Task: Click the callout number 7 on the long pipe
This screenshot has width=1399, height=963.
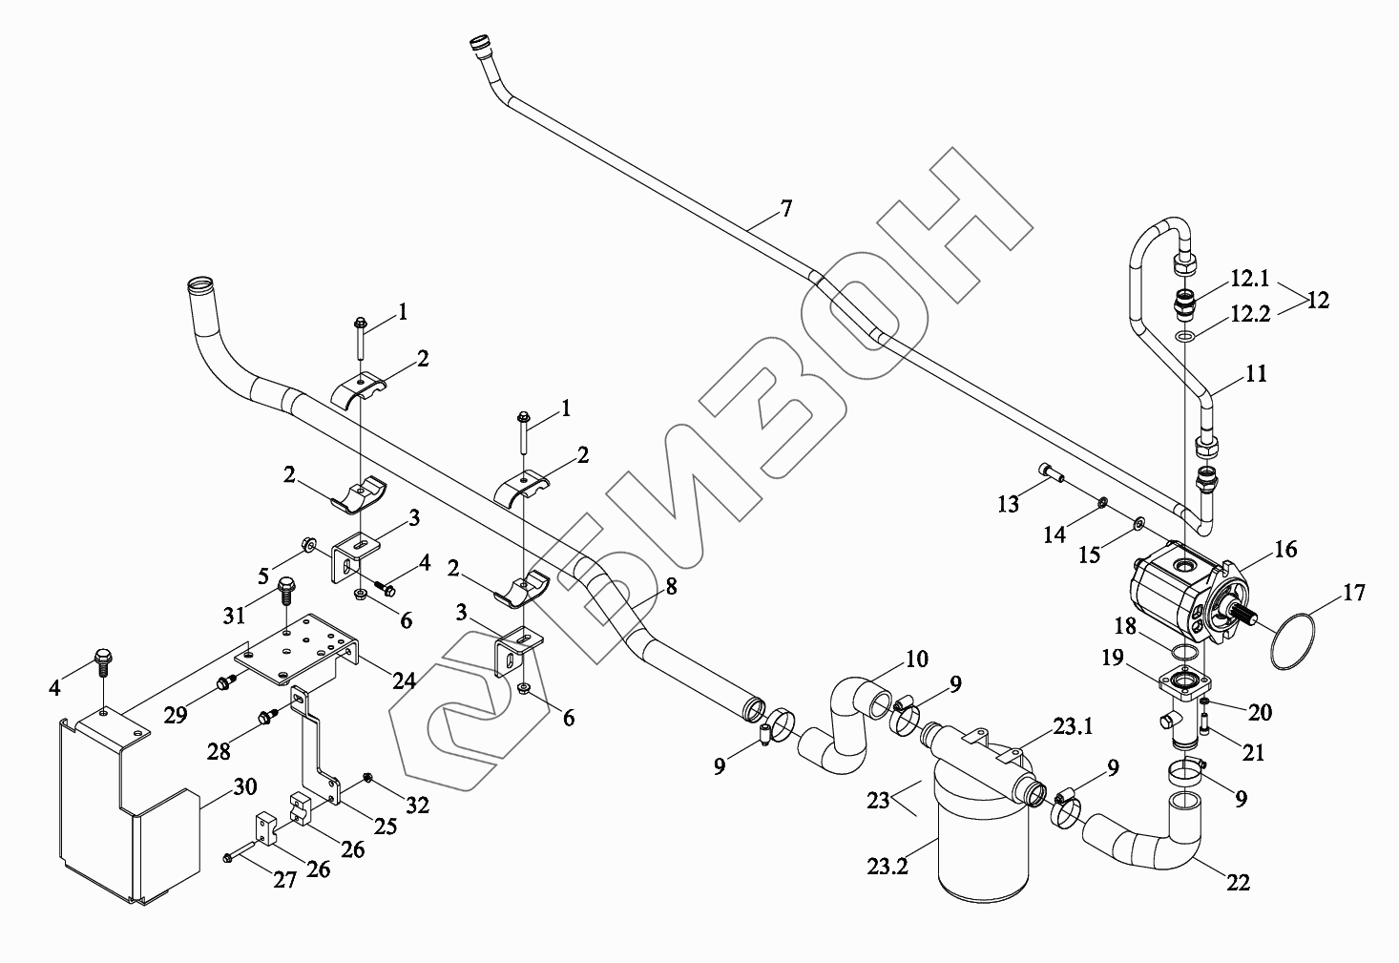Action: coord(784,209)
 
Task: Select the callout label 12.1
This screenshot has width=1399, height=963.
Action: coord(1249,279)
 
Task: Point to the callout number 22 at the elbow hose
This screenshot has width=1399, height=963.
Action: coord(1238,883)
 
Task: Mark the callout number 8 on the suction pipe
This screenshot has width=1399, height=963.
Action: coord(671,586)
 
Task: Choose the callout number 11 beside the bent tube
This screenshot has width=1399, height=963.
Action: coord(1257,373)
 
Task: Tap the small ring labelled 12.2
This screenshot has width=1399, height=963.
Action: coord(1184,337)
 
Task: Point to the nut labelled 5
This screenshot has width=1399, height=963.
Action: coord(309,546)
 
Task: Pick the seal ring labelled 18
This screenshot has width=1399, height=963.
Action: coord(1184,651)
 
